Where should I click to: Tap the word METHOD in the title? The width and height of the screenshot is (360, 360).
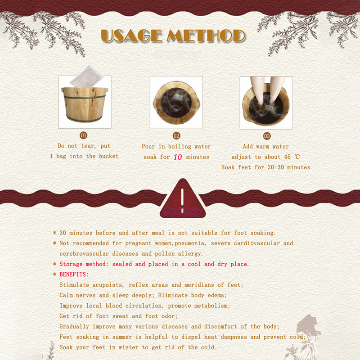coord(206,36)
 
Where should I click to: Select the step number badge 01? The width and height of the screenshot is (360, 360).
coord(83,135)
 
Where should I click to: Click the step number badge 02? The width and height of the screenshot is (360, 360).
coord(176,136)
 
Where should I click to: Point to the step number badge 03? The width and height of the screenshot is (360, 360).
coord(267,136)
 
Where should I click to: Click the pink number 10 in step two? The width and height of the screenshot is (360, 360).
coord(178,157)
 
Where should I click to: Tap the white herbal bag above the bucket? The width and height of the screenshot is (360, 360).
coord(87,76)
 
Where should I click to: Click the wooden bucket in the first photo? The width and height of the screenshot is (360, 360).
coord(85,104)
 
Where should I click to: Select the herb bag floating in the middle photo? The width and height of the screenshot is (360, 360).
coord(180,97)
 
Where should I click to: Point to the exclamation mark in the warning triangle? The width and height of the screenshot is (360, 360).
coord(182,201)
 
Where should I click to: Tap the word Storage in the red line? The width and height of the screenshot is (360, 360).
coord(71,264)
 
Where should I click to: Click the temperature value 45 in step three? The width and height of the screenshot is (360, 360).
coord(288,157)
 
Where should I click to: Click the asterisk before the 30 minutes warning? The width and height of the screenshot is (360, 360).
coord(54,233)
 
